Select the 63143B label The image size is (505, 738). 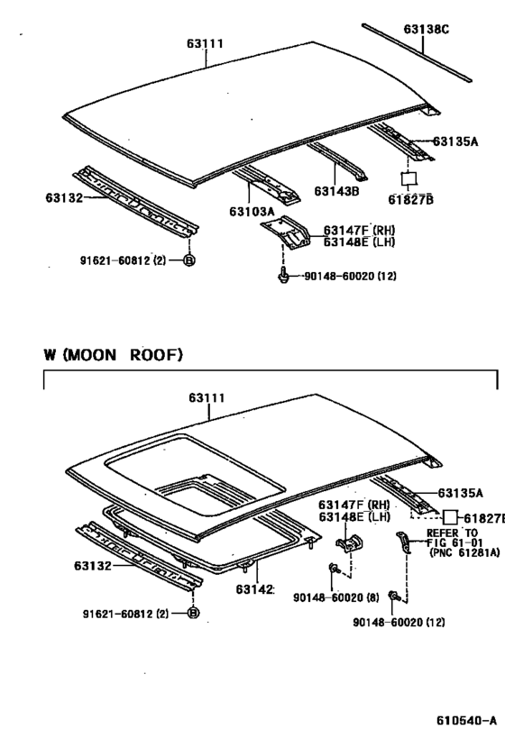[336, 191]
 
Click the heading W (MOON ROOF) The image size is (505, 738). [113, 355]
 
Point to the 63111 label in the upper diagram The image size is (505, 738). [206, 43]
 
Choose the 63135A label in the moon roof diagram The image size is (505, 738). [460, 493]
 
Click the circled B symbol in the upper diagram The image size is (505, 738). [189, 261]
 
